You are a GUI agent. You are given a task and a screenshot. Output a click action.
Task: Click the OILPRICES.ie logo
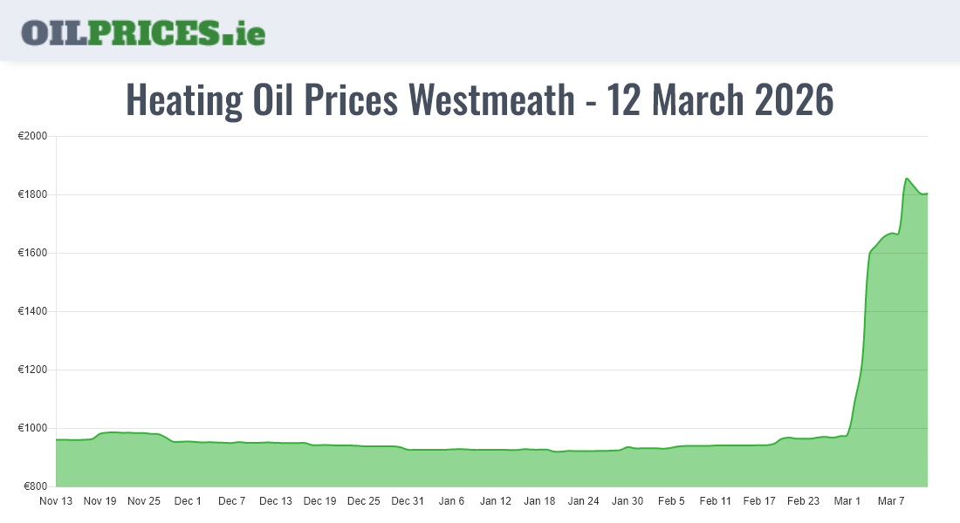pos(143,32)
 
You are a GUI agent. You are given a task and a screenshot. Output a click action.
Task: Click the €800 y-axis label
pos(35,486)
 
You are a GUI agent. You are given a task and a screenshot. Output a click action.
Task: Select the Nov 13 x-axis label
pos(56,501)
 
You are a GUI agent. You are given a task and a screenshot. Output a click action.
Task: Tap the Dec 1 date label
pos(188,501)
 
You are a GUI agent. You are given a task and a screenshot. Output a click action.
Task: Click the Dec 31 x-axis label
pos(408,501)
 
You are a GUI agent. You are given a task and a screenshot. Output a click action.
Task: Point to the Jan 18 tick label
pos(539,501)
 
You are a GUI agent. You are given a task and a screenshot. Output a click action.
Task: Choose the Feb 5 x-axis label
pos(671,501)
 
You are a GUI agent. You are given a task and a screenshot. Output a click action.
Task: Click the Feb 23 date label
pos(803,501)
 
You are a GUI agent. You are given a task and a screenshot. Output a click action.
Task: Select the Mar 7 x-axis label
pos(891,501)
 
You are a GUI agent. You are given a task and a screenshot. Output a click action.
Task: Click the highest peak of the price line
pos(907,179)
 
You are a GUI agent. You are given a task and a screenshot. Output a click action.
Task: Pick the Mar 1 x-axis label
pos(847,501)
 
